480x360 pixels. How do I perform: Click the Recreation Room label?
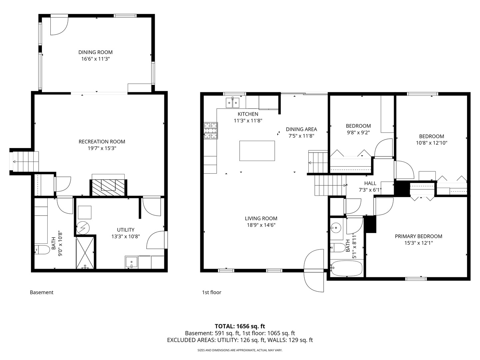coord(102,142)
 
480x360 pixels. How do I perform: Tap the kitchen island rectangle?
coord(257,151)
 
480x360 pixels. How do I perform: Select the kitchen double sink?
coord(232,103)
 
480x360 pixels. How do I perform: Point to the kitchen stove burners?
coord(211,131)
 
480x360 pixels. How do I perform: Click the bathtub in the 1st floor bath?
coord(346,268)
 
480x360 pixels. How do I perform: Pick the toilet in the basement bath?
coord(42,250)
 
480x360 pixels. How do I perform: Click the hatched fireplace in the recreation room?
coord(108,187)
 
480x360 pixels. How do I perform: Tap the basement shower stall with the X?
coord(85,253)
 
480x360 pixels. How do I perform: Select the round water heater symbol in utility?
coord(83,228)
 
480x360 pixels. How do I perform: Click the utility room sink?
coord(131,262)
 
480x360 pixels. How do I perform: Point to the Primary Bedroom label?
coord(419,236)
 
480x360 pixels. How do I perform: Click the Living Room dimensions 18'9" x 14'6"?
coord(261,225)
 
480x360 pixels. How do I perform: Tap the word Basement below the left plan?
coord(42,292)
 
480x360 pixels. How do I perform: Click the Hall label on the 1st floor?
coord(370,183)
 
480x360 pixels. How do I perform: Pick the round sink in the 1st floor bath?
coord(336,228)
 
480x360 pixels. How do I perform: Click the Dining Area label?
coord(301,129)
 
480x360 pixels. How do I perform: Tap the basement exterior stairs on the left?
coord(24,162)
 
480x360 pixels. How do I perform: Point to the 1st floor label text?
coord(211,292)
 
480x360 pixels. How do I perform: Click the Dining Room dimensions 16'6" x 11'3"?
coord(96,59)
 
